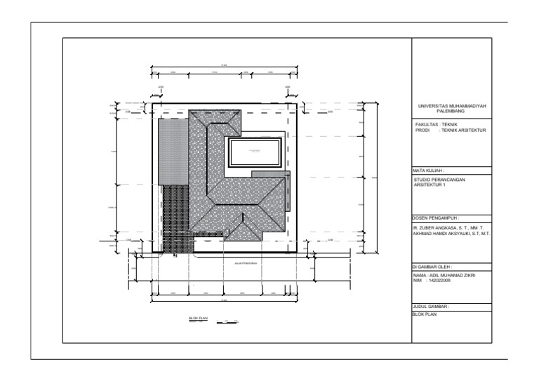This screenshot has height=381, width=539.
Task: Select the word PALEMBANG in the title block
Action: (451, 112)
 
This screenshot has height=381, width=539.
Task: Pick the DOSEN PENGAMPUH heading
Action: (436, 218)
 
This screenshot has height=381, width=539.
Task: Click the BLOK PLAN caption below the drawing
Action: (199, 318)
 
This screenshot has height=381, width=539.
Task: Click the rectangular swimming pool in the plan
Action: (254, 152)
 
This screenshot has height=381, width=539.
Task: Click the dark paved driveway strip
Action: (175, 218)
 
